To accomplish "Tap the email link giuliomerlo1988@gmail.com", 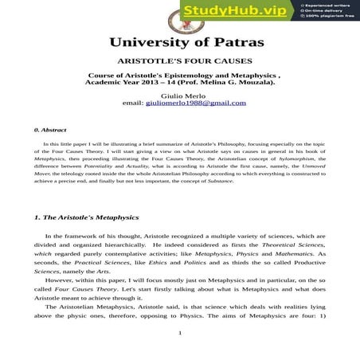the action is pyautogui.click(x=190, y=104).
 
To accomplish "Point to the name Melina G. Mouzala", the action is pyautogui.click(x=236, y=82).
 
